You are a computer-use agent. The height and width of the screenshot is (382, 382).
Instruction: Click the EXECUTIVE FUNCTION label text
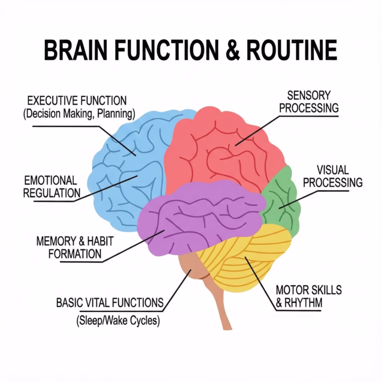[77, 101]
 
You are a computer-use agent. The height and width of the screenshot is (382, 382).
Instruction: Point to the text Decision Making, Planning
[79, 114]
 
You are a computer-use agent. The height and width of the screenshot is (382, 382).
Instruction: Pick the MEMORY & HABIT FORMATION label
[75, 248]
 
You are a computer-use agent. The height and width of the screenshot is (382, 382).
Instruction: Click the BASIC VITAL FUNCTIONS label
[109, 302]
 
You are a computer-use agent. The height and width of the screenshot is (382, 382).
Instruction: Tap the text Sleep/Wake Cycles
[118, 321]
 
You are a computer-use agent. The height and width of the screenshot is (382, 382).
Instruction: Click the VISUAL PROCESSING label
[332, 177]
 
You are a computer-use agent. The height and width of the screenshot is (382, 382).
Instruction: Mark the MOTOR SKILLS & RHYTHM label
[308, 296]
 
